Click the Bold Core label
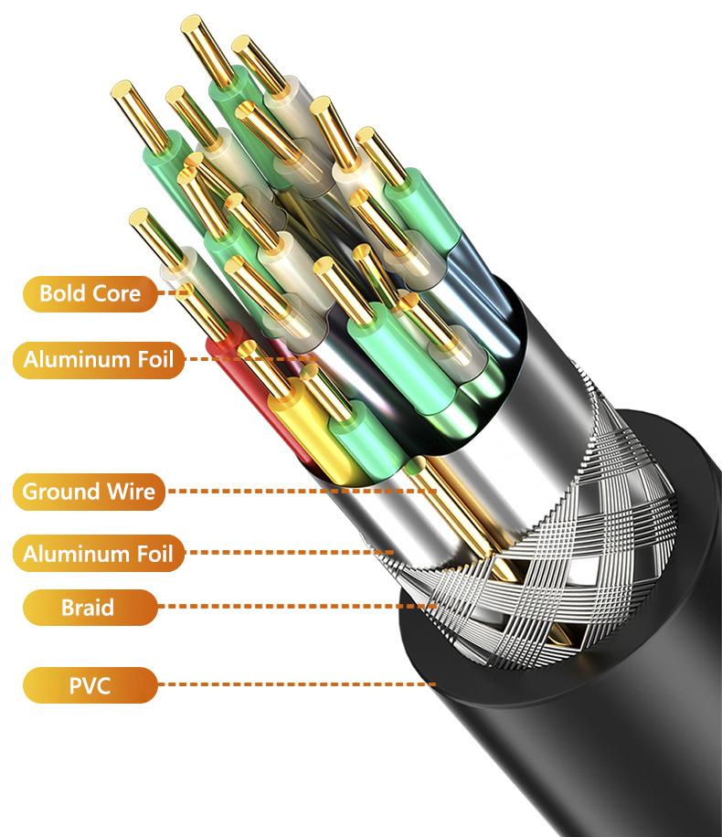(x=90, y=293)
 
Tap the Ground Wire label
(x=89, y=492)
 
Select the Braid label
(x=89, y=606)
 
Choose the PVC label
(x=89, y=683)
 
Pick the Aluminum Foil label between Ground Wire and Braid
(x=97, y=553)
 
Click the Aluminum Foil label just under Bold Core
(x=98, y=359)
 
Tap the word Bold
(x=62, y=293)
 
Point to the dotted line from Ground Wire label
(x=302, y=492)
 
